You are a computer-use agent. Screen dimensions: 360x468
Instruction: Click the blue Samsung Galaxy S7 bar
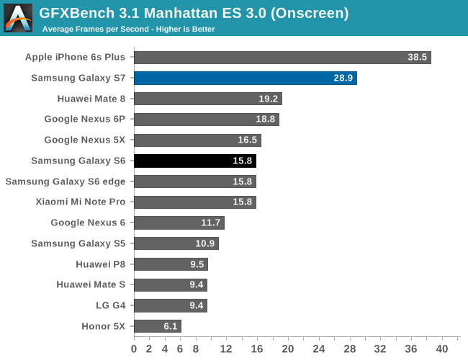(x=245, y=78)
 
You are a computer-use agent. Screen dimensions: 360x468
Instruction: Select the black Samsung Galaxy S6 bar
(x=194, y=161)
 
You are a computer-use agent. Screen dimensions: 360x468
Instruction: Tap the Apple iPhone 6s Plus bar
(x=282, y=57)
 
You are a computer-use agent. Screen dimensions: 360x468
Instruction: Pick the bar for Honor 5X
(x=157, y=326)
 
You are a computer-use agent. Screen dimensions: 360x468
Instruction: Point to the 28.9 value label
(x=343, y=78)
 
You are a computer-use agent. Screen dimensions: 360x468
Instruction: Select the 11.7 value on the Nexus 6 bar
(x=211, y=222)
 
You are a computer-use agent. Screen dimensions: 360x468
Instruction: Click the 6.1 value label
(x=170, y=326)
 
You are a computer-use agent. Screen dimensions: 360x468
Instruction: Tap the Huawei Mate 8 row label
(x=91, y=99)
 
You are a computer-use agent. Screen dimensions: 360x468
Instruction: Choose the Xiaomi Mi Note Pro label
(x=80, y=202)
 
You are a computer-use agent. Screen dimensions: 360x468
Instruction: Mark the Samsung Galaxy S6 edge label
(x=65, y=181)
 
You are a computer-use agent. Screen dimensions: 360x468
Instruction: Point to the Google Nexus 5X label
(x=84, y=140)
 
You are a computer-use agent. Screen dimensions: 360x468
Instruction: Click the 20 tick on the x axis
(x=288, y=349)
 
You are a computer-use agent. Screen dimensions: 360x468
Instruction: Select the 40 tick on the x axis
(x=442, y=349)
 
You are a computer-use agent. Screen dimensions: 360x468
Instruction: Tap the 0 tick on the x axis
(x=134, y=349)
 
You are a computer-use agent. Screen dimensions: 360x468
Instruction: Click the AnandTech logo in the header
(x=18, y=18)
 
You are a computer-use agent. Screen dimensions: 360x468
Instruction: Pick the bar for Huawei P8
(x=171, y=264)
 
